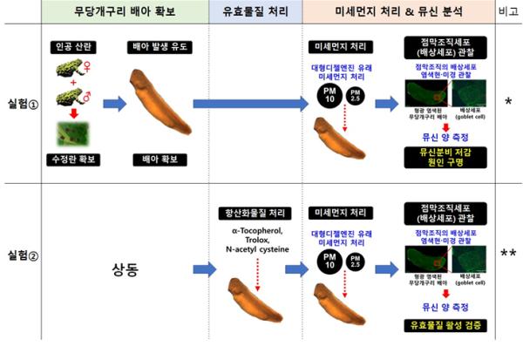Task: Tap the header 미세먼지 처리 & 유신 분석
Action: pyautogui.click(x=395, y=12)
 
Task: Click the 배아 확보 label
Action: pyautogui.click(x=157, y=160)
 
